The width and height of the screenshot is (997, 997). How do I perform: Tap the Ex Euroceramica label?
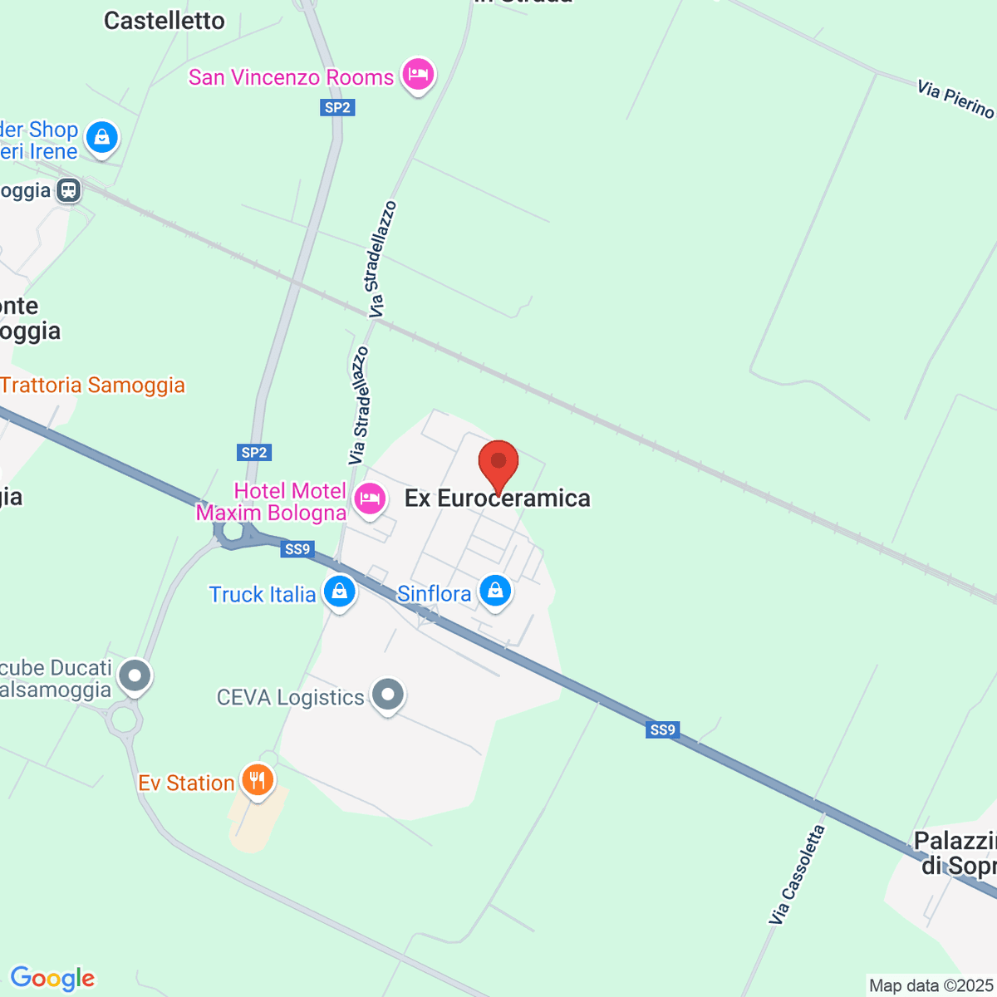pyautogui.click(x=497, y=498)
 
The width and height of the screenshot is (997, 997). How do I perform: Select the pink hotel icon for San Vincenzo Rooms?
pyautogui.click(x=418, y=75)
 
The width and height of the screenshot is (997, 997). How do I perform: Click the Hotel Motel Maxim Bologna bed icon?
pyautogui.click(x=369, y=498)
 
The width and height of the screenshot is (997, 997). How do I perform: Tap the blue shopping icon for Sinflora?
pyautogui.click(x=495, y=591)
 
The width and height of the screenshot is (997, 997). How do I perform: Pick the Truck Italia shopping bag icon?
pyautogui.click(x=339, y=592)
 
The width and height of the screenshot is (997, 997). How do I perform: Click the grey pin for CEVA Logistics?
pyautogui.click(x=387, y=695)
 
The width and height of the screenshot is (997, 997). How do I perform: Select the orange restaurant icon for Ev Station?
pyautogui.click(x=258, y=780)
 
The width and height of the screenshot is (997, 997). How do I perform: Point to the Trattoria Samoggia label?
pyautogui.click(x=92, y=386)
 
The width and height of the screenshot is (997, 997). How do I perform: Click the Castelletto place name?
pyautogui.click(x=164, y=21)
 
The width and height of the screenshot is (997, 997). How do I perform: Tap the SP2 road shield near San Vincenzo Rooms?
pyautogui.click(x=337, y=107)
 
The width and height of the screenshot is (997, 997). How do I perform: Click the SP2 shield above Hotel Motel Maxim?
pyautogui.click(x=254, y=453)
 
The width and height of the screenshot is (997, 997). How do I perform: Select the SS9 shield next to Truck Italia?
pyautogui.click(x=297, y=549)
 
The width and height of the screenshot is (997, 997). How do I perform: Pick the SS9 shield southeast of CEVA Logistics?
pyautogui.click(x=662, y=730)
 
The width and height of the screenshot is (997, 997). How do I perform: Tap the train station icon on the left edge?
pyautogui.click(x=69, y=190)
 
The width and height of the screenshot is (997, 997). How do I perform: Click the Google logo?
pyautogui.click(x=52, y=979)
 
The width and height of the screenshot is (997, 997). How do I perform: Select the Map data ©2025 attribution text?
pyautogui.click(x=931, y=986)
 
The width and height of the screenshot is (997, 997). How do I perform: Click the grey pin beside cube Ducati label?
pyautogui.click(x=135, y=675)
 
